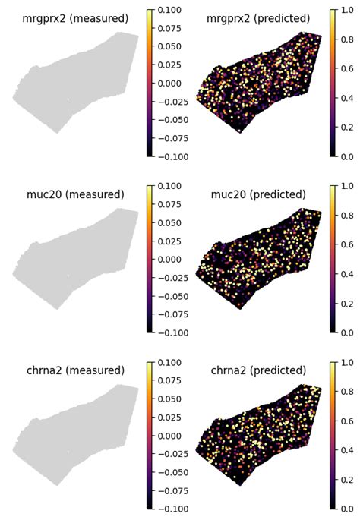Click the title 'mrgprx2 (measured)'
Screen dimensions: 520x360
coord(75,18)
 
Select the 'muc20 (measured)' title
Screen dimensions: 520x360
coord(75,194)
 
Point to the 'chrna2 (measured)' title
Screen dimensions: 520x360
coord(75,370)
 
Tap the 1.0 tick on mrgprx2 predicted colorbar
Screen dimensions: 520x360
coord(346,10)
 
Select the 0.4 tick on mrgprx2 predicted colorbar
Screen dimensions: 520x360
coord(346,97)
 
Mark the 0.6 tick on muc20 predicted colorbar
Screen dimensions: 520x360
coord(346,244)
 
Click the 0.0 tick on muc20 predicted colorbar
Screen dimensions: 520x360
coord(346,332)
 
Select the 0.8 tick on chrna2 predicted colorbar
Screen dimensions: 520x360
coord(346,392)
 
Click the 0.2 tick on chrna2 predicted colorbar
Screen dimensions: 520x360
coord(346,479)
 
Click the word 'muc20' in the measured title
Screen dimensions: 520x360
coord(44,194)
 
